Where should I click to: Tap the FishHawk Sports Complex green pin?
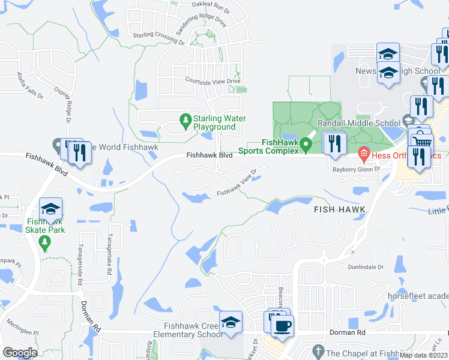pos(306,145)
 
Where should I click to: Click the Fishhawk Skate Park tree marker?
pos(43,242)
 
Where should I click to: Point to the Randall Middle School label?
pos(346,122)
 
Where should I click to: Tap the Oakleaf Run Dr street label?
pos(211,5)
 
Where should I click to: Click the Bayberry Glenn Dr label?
pos(357,169)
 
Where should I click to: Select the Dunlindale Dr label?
pos(364,266)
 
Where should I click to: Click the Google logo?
pos(20,352)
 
